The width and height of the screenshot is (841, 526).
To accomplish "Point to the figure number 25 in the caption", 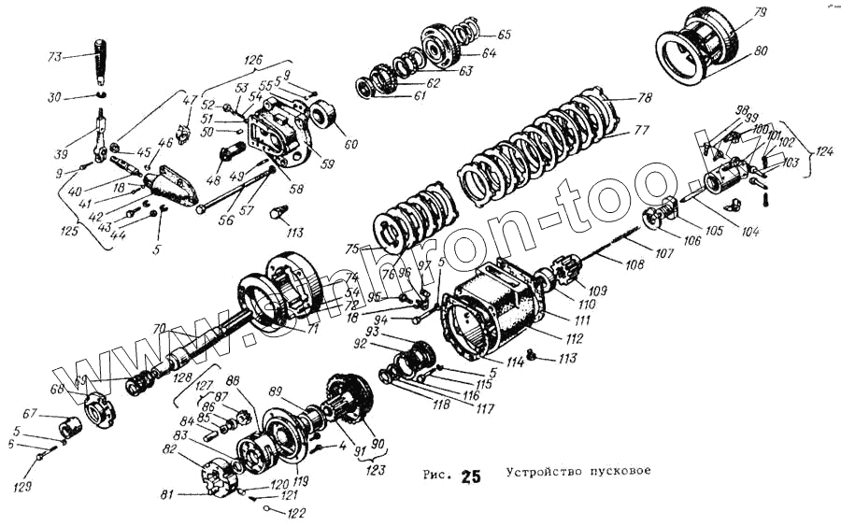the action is coord(471,478).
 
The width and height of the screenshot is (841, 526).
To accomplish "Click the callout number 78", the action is coord(644,98).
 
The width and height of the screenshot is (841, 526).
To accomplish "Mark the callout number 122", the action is coord(296,512).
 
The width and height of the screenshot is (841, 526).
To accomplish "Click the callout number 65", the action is coord(504,35).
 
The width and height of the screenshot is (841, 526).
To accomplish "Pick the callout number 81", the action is coord(168,494).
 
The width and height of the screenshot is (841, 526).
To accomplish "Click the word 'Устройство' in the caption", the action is coord(544,471).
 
